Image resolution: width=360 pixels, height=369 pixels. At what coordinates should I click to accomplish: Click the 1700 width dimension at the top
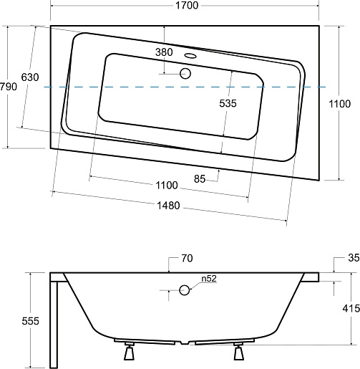pyautogui.click(x=187, y=5)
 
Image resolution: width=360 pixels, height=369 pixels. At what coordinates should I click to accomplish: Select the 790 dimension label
pyautogui.click(x=9, y=87)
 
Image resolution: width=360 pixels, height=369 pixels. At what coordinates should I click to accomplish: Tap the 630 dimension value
pyautogui.click(x=30, y=77)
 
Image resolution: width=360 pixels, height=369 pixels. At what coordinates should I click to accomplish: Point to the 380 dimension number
pyautogui.click(x=164, y=52)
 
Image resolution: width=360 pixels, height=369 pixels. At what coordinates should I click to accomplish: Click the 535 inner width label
pyautogui.click(x=228, y=103)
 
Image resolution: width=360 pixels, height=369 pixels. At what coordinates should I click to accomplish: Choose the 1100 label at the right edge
pyautogui.click(x=340, y=104)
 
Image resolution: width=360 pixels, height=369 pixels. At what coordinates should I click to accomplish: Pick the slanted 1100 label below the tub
pyautogui.click(x=167, y=185)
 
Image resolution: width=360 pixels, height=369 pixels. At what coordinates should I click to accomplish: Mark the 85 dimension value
pyautogui.click(x=200, y=178)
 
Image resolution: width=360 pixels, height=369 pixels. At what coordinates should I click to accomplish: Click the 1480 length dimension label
pyautogui.click(x=168, y=206)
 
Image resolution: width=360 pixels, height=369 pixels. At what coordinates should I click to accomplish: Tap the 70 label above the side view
pyautogui.click(x=187, y=258)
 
